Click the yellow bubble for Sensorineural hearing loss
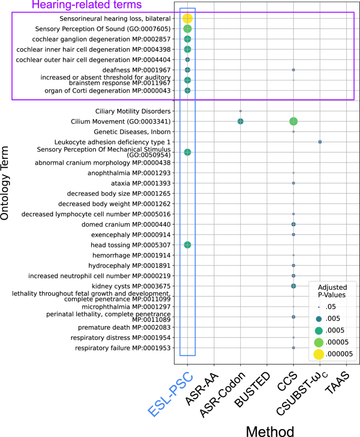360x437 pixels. point(188,18)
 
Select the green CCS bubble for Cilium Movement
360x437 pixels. point(293,121)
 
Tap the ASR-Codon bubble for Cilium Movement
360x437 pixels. point(240,121)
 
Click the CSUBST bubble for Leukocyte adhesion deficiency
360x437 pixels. point(320,142)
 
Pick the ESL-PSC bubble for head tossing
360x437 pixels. point(188,245)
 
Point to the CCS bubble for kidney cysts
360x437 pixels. point(293,286)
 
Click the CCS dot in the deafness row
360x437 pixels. point(293,70)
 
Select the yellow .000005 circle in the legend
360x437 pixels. point(319,354)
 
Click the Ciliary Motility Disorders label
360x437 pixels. point(133,111)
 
